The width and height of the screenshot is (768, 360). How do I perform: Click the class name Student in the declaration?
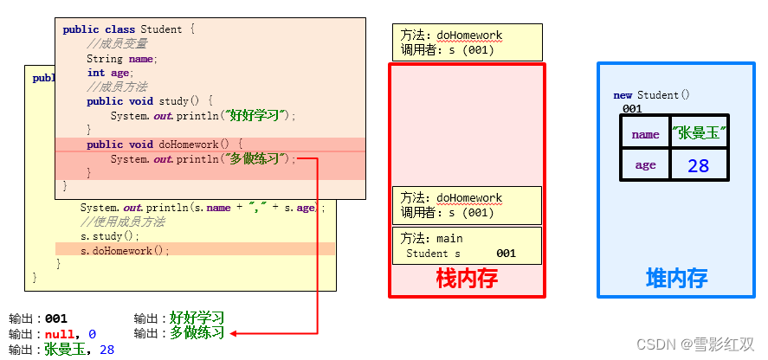(x=161, y=29)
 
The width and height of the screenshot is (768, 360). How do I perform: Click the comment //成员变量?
(x=117, y=44)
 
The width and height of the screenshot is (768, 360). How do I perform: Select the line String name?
(x=121, y=59)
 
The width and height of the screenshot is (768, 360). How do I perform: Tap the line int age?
(x=109, y=73)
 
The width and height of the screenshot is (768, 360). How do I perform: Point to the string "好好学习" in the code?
(x=257, y=115)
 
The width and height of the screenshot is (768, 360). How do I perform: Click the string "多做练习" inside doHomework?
(x=257, y=159)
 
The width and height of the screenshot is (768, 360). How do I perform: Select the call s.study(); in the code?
(x=110, y=236)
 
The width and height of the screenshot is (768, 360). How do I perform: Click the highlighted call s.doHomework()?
(x=126, y=251)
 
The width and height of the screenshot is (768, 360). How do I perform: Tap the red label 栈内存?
(x=467, y=280)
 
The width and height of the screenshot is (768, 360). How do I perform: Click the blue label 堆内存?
(x=676, y=278)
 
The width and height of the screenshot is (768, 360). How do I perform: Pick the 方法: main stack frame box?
(x=467, y=246)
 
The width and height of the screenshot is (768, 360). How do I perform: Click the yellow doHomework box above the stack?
(x=467, y=42)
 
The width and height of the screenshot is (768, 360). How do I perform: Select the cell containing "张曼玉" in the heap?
(x=699, y=133)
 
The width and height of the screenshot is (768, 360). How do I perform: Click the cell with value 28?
(x=699, y=164)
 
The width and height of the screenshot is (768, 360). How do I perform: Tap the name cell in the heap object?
(x=645, y=134)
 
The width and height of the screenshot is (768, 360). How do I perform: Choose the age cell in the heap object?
(x=645, y=164)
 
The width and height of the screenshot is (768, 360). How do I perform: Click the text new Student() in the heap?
(x=651, y=95)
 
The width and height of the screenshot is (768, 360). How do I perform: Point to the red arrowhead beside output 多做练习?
(x=235, y=333)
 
